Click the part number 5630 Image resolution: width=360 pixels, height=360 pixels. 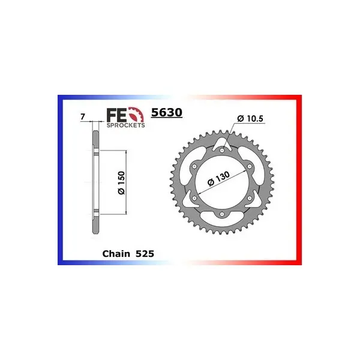(x=167, y=113)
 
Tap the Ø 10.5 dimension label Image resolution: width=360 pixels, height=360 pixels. (x=250, y=118)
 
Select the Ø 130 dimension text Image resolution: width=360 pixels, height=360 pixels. (x=218, y=178)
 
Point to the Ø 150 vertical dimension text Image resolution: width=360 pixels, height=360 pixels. (x=121, y=183)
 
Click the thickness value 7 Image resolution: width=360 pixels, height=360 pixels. (x=83, y=117)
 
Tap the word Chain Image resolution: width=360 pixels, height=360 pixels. (x=116, y=254)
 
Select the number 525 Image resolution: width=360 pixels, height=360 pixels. (x=145, y=254)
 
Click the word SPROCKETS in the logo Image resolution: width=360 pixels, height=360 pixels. (x=125, y=125)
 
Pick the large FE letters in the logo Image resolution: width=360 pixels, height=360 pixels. (x=116, y=115)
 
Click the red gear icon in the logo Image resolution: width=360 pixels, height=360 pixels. (x=136, y=115)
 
